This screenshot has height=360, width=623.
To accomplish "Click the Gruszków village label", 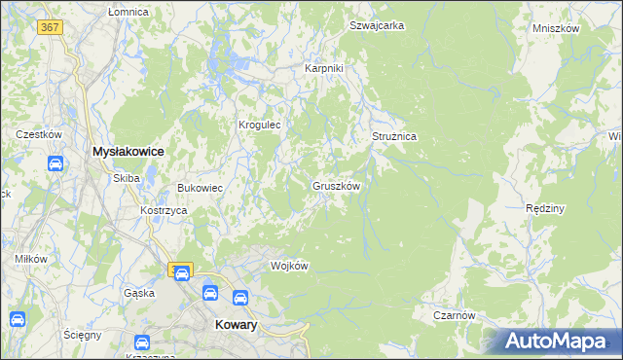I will [337, 185].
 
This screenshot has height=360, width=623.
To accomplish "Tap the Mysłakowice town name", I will [127, 152].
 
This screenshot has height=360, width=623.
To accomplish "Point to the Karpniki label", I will [324, 68].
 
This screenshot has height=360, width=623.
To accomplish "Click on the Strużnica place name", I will [394, 137].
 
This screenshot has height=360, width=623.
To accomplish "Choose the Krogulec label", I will [260, 125].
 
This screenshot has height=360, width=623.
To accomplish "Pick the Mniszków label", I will [556, 28].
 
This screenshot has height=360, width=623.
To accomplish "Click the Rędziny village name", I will [545, 208].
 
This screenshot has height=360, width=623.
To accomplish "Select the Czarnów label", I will [455, 315].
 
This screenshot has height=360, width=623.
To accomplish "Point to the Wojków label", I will [289, 266].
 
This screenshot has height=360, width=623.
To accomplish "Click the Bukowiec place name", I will [200, 188].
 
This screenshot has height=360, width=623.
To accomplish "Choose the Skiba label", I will [127, 178].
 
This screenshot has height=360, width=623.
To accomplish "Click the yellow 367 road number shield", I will [51, 27].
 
